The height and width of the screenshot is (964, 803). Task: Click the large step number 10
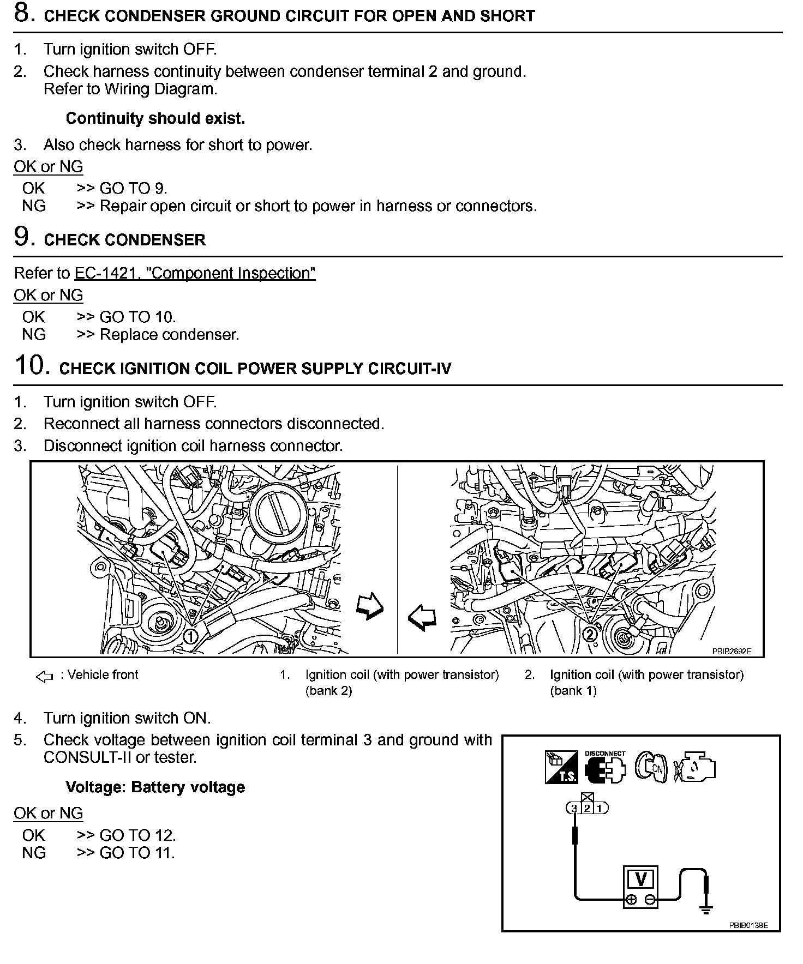pyautogui.click(x=29, y=365)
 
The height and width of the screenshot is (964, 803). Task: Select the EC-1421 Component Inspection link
pyautogui.click(x=195, y=273)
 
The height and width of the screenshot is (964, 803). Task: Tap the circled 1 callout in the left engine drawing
pyautogui.click(x=190, y=636)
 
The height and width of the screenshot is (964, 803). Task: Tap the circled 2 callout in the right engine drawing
pyautogui.click(x=590, y=634)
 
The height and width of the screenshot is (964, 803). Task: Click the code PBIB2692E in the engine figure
pyautogui.click(x=731, y=651)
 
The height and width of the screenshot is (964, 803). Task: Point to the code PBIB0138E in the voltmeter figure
pyautogui.click(x=748, y=925)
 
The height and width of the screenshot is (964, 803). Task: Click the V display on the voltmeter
pyautogui.click(x=641, y=879)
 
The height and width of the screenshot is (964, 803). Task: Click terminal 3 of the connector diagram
pyautogui.click(x=574, y=808)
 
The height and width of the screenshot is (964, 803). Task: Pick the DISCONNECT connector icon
pyautogui.click(x=605, y=767)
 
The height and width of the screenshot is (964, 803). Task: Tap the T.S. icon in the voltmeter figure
pyautogui.click(x=561, y=767)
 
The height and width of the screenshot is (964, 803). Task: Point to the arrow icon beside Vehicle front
pyautogui.click(x=44, y=677)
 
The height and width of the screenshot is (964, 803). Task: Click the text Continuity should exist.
pyautogui.click(x=155, y=118)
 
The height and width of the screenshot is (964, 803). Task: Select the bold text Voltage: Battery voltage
pyautogui.click(x=155, y=787)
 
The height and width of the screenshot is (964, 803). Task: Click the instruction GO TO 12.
pyautogui.click(x=137, y=835)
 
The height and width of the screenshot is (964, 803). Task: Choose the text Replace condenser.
pyautogui.click(x=170, y=334)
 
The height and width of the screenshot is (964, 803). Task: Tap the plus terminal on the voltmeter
pyautogui.click(x=631, y=900)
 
